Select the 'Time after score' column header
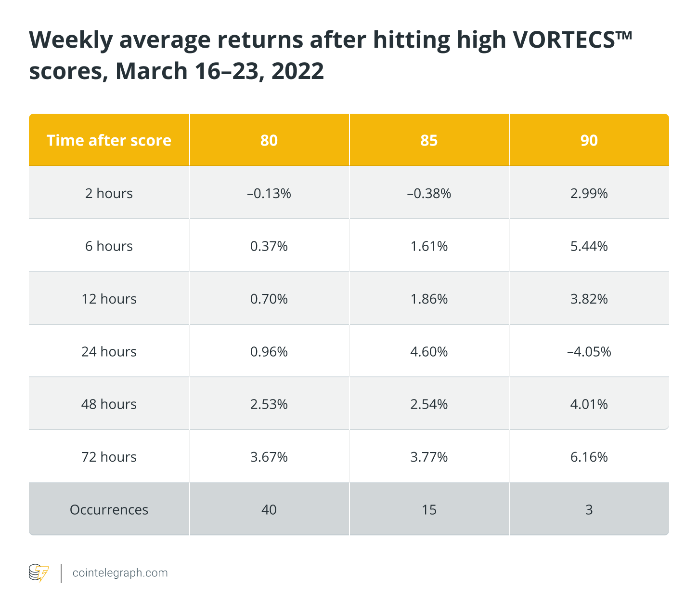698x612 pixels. (109, 140)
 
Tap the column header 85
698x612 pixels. (429, 140)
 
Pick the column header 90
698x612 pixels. (589, 140)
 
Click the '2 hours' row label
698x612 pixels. (109, 193)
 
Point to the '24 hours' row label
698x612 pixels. (109, 351)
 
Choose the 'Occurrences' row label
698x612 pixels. (109, 509)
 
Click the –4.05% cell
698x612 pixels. (589, 351)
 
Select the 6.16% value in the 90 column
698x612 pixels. (589, 457)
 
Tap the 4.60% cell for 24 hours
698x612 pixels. (429, 351)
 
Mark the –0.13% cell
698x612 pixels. (269, 193)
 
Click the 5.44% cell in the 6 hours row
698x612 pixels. (589, 246)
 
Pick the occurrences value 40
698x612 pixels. (269, 509)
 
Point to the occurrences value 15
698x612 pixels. (429, 509)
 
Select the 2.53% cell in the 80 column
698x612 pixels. (269, 404)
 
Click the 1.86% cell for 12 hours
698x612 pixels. (429, 299)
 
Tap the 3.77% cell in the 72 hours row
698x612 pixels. (429, 457)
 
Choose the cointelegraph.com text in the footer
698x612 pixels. (120, 573)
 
